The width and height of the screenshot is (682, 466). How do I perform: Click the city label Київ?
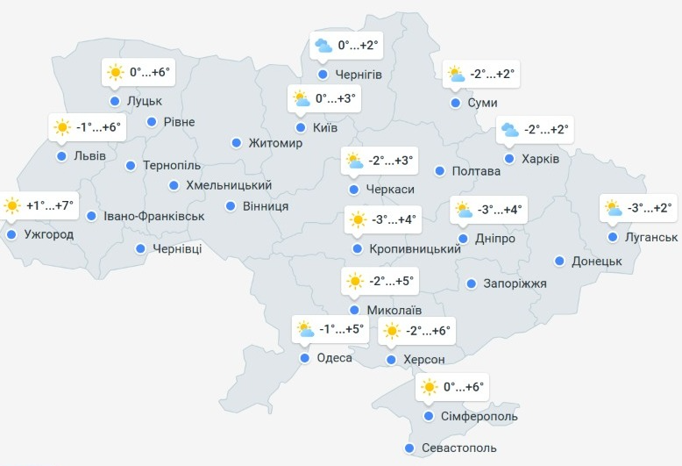coord(325,128)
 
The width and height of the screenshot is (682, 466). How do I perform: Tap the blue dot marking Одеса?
coord(304,358)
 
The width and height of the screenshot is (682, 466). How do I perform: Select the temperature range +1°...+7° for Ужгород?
coord(51,206)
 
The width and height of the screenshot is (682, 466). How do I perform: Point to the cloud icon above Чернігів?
coord(323,45)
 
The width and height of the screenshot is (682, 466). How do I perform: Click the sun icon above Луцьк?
coord(115,73)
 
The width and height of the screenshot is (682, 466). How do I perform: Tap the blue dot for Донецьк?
coord(559,261)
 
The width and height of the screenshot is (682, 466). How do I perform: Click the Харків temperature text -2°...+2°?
coord(547,131)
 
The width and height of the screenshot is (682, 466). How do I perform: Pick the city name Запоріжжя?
coord(515,283)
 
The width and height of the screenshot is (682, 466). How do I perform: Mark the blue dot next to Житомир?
coord(236,143)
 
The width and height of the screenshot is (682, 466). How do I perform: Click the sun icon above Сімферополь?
coord(429,387)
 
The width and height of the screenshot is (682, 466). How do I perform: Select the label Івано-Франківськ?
coord(153,216)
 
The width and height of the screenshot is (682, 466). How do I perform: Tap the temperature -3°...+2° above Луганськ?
coord(650,209)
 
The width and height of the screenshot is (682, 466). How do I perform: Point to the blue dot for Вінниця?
coord(231,206)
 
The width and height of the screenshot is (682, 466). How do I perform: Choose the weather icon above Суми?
coord(456,75)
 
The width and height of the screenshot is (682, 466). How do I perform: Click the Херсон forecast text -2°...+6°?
coord(429,331)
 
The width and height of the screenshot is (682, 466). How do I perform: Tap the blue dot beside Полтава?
coord(440,171)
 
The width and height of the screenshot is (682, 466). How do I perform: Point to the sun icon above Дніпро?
coord(463,210)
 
